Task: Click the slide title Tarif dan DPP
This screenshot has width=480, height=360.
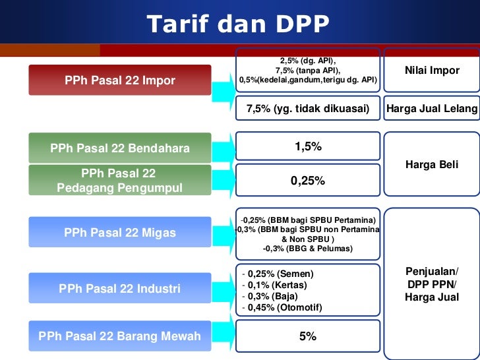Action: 237,24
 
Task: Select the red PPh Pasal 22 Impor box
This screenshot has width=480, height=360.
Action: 119,80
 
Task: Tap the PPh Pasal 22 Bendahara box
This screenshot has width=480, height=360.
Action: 119,148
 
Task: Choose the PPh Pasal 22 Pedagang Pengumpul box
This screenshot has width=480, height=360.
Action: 119,181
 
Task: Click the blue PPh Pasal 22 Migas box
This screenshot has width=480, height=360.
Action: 119,233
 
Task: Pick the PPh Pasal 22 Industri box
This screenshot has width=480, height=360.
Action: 119,289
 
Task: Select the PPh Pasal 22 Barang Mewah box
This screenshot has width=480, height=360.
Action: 119,336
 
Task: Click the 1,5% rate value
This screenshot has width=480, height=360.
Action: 308,147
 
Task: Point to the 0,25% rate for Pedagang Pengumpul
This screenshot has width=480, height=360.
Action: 308,180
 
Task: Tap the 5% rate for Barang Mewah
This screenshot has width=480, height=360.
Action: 308,336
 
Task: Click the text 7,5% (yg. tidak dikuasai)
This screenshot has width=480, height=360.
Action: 308,109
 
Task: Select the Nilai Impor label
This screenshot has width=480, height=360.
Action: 432,71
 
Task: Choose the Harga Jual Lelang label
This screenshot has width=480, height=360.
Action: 432,109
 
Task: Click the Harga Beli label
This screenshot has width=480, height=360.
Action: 432,165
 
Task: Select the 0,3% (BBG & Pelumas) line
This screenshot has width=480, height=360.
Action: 307,249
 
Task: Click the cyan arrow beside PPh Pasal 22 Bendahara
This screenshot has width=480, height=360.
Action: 224,148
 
